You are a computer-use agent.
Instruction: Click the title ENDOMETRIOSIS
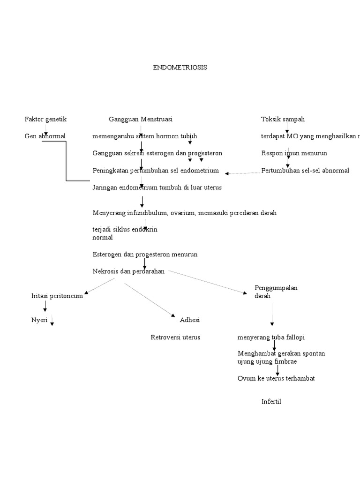tap(180, 67)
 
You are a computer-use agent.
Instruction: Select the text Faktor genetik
tap(45, 119)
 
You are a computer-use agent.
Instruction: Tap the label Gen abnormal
tap(45, 136)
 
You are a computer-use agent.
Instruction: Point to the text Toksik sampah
tap(283, 119)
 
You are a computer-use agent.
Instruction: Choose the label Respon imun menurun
tap(294, 153)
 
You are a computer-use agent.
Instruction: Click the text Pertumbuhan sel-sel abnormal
tap(305, 171)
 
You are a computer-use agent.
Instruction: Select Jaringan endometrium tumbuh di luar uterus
tap(157, 187)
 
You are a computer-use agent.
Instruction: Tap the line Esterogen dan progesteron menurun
tap(145, 254)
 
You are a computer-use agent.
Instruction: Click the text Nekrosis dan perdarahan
tap(128, 271)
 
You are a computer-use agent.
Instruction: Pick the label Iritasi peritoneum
tap(57, 296)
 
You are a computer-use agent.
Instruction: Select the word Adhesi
tap(190, 320)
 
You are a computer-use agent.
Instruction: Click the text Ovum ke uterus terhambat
tap(276, 378)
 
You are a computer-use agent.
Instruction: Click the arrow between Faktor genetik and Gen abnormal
tap(45, 128)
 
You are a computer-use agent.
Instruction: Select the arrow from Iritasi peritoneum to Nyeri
tap(45, 306)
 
